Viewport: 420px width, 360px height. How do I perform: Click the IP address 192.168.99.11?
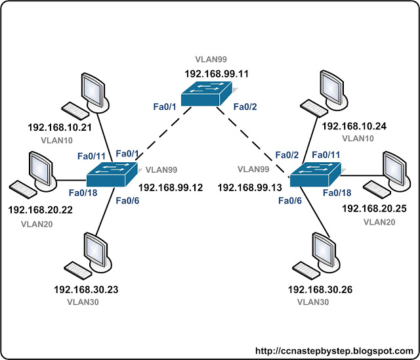point(217,74)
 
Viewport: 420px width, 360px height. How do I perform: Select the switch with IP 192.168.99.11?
point(207,93)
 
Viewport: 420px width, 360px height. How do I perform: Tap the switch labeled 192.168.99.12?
point(112,174)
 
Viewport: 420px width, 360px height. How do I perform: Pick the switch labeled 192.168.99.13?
point(316,175)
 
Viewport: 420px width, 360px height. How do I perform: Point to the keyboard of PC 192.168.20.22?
point(23,189)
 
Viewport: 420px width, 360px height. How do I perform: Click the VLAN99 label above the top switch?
point(211,59)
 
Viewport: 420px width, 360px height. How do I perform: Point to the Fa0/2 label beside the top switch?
point(245,106)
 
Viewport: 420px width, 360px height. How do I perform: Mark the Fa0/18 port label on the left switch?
point(83,192)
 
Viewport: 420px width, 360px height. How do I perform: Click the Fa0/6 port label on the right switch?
point(290,200)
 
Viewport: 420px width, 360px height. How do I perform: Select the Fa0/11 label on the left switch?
point(91,156)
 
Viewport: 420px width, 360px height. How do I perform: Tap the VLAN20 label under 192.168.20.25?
point(379,222)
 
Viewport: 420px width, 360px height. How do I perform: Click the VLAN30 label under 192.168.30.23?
point(83,302)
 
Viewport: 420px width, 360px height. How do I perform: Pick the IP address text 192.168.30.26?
point(320,290)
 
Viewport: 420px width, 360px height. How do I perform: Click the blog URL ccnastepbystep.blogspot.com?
point(334,351)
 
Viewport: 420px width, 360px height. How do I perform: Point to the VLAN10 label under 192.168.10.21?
point(57,140)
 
